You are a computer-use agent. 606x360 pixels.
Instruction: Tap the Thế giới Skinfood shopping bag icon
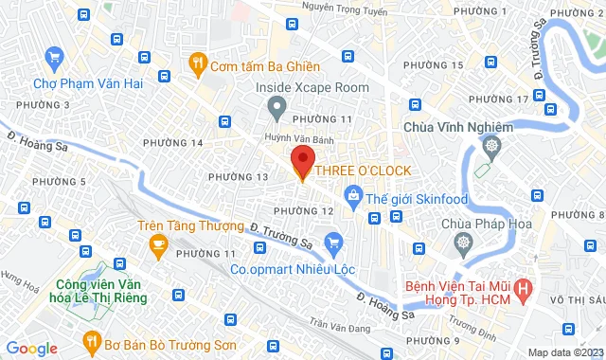(353, 196)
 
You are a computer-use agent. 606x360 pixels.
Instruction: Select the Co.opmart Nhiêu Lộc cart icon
(331, 242)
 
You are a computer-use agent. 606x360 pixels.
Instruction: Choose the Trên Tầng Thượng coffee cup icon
(158, 244)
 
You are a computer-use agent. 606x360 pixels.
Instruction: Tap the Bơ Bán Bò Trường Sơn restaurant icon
(92, 340)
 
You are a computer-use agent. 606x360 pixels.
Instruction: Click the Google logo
(31, 348)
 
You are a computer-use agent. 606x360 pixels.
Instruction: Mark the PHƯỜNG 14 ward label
(172, 143)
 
